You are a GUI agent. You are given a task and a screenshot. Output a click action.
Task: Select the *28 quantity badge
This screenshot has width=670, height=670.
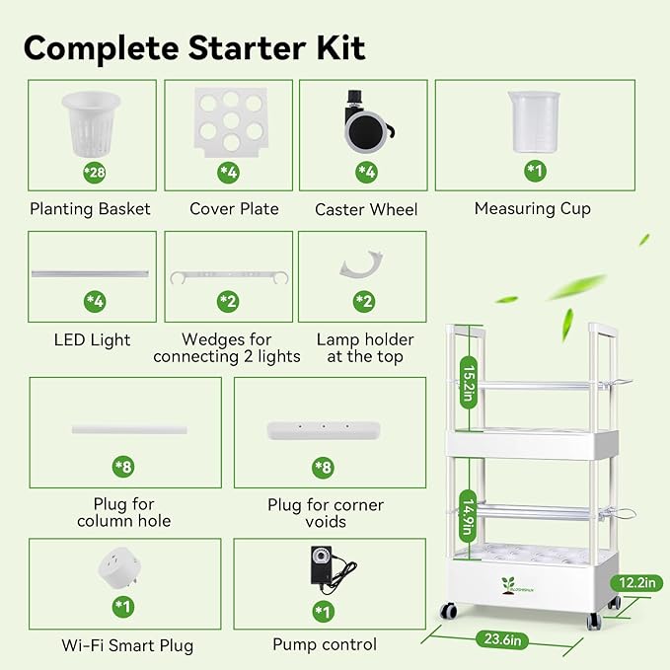92,174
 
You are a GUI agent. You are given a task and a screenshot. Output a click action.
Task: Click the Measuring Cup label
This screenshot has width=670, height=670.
533,208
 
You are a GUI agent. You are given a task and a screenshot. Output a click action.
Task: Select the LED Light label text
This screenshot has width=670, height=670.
92,339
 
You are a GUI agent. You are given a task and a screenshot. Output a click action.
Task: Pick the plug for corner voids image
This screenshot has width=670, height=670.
325,429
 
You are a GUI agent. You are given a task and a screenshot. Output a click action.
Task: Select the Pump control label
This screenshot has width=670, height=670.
325,644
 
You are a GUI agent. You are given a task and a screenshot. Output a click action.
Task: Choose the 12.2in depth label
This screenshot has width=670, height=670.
634,582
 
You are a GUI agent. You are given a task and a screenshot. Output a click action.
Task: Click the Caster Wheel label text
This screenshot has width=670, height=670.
366,209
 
